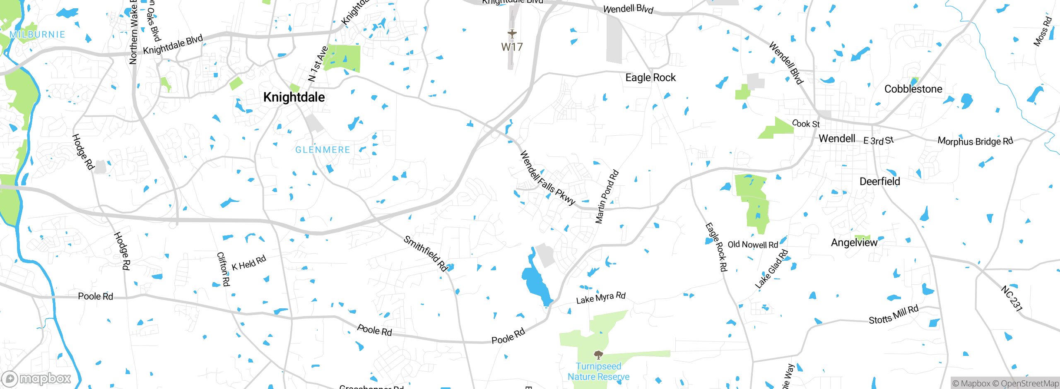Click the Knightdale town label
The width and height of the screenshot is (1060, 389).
click(294, 97)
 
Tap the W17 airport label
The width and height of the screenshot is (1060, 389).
click(512, 47)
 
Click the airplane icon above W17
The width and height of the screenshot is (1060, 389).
click(512, 34)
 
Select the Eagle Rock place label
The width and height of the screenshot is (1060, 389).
click(650, 78)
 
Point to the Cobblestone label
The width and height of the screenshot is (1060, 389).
click(913, 89)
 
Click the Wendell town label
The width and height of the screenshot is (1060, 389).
click(837, 139)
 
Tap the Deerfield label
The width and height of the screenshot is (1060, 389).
click(879, 182)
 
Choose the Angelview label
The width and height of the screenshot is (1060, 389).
click(854, 243)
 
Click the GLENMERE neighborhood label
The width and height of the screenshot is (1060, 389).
click(323, 150)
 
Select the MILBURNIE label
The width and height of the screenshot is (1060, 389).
click(37, 35)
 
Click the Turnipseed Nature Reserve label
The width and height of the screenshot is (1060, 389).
click(598, 372)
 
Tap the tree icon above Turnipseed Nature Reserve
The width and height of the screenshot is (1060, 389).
click(598, 355)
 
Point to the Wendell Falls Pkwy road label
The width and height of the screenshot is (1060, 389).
click(547, 178)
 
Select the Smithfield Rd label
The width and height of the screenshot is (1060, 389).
click(426, 254)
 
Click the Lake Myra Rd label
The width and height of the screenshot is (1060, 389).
click(601, 298)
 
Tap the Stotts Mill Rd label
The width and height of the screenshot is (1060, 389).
click(894, 315)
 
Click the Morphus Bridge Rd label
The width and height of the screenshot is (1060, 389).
click(975, 141)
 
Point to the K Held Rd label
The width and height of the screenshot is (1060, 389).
click(248, 263)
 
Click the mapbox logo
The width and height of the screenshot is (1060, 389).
click(36, 379)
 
